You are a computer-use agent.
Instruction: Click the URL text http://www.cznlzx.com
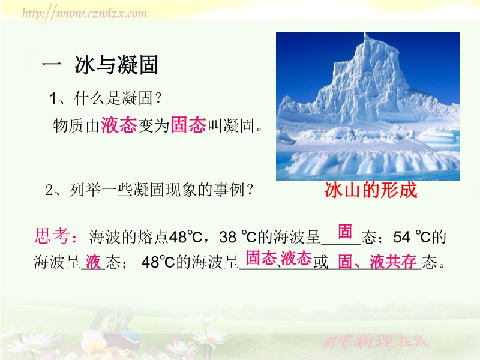(85, 13)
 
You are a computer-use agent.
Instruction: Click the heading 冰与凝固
(116, 65)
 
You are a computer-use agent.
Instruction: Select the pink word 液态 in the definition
(119, 125)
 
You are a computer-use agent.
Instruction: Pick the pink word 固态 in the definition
(188, 125)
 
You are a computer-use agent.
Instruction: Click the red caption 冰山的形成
(371, 190)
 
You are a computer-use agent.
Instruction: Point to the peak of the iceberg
(365, 34)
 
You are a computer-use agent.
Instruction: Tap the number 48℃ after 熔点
(185, 237)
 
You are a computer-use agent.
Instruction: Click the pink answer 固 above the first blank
(345, 231)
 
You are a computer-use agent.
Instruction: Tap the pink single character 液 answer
(93, 262)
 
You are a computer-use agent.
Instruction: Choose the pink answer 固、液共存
(377, 262)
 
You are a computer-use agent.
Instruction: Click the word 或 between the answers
(320, 262)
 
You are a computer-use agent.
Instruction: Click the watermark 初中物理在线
(376, 341)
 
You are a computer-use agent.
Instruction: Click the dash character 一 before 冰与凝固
(52, 64)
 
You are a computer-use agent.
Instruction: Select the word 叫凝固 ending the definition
(231, 125)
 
